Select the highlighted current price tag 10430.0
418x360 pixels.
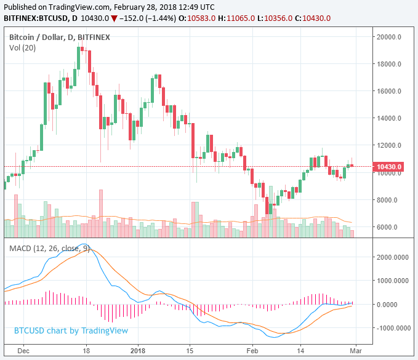[389, 167]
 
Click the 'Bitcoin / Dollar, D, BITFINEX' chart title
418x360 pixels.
[60, 38]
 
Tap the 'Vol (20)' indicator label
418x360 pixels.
[23, 49]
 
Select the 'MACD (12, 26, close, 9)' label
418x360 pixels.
[50, 249]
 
